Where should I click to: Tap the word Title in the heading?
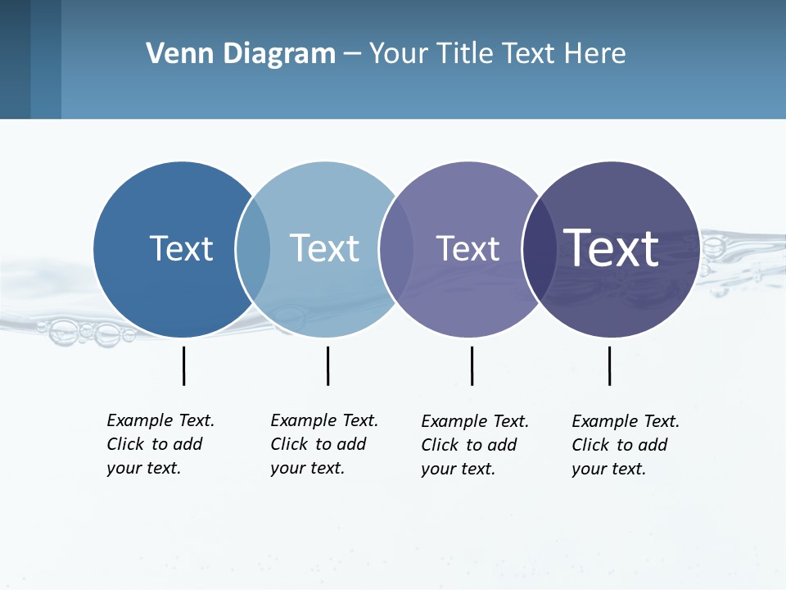pyautogui.click(x=465, y=54)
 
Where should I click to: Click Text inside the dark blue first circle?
pyautogui.click(x=181, y=248)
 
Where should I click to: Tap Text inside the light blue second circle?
pyautogui.click(x=324, y=248)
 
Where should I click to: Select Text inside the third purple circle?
pyautogui.click(x=468, y=248)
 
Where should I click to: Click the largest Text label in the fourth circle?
pyautogui.click(x=611, y=248)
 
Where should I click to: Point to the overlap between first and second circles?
pyautogui.click(x=253, y=249)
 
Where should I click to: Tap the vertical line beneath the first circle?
pyautogui.click(x=183, y=365)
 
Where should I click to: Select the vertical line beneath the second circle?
pyautogui.click(x=327, y=365)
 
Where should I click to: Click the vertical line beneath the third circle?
pyautogui.click(x=472, y=365)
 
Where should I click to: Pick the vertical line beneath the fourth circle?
pyautogui.click(x=609, y=365)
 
